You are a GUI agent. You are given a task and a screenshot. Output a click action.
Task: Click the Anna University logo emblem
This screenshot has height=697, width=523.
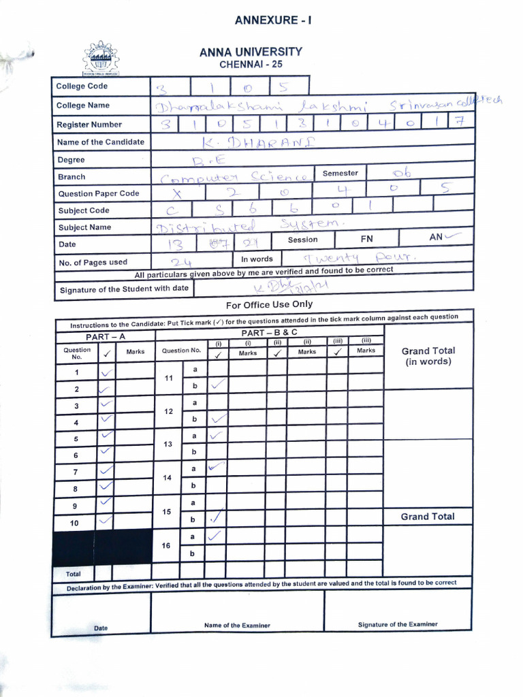(100, 59)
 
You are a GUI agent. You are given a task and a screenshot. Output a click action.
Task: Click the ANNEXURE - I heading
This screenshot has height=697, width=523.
(273, 20)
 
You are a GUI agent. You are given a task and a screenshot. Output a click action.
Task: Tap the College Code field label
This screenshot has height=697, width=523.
(82, 86)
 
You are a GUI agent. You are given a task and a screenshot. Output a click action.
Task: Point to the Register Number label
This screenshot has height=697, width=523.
(89, 125)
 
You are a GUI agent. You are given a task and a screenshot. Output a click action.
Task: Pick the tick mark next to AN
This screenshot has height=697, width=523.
(456, 237)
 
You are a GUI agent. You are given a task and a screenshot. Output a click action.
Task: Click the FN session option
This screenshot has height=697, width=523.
(366, 240)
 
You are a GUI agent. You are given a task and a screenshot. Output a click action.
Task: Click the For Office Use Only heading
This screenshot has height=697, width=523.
(269, 304)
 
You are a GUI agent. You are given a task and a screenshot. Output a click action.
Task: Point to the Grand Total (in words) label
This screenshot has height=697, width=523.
(428, 356)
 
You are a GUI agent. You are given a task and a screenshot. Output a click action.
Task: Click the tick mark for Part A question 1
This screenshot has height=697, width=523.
(107, 372)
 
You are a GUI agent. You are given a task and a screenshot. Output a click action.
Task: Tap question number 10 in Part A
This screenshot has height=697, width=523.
(76, 523)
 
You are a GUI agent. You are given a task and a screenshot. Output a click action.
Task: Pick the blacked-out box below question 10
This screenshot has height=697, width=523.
(102, 546)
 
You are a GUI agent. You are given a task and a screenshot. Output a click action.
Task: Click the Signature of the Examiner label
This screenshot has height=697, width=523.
(398, 624)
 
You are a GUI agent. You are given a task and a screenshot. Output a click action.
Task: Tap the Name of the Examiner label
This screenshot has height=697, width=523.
(237, 625)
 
